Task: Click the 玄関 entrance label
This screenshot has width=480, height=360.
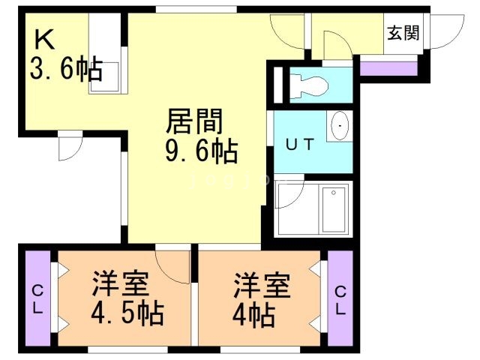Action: click(x=403, y=33)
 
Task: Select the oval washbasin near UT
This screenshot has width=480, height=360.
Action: click(x=340, y=125)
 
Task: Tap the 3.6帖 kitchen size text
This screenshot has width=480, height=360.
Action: click(x=65, y=71)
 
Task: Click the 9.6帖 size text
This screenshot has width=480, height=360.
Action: click(x=201, y=152)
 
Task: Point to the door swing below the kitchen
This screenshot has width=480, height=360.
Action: click(x=70, y=146)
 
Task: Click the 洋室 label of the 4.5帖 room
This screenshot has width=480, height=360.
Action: click(x=121, y=285)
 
